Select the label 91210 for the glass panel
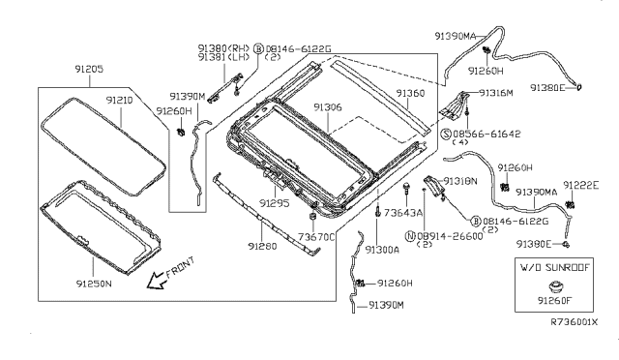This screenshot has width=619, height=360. click(x=122, y=100)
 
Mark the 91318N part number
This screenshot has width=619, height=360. click(x=460, y=181)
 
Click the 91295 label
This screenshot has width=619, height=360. click(x=275, y=204)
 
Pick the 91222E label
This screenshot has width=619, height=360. click(x=584, y=185)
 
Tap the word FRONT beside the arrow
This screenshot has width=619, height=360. click(x=180, y=268)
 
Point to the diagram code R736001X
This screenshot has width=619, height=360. click(x=575, y=322)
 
